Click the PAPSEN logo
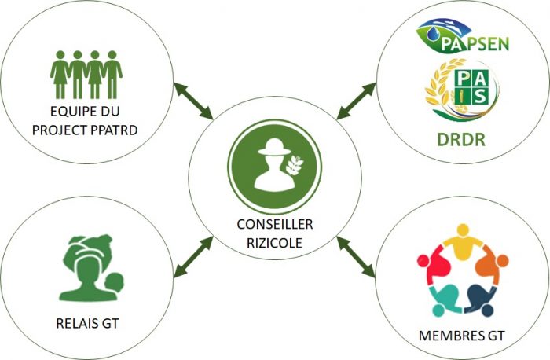coord(463,37)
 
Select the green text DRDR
coord(461,140)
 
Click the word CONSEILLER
coord(275,224)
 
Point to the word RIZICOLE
coord(275,243)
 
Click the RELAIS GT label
coord(87,323)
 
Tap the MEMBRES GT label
coord(462,336)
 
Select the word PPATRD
coord(114,130)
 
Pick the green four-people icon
coord(86,75)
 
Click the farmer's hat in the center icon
coord(274,147)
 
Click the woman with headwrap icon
coord(92,268)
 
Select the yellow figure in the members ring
coord(463,242)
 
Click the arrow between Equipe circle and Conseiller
coord(193,101)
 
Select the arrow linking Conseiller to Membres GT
coord(356,257)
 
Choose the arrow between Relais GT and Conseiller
coord(193,257)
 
